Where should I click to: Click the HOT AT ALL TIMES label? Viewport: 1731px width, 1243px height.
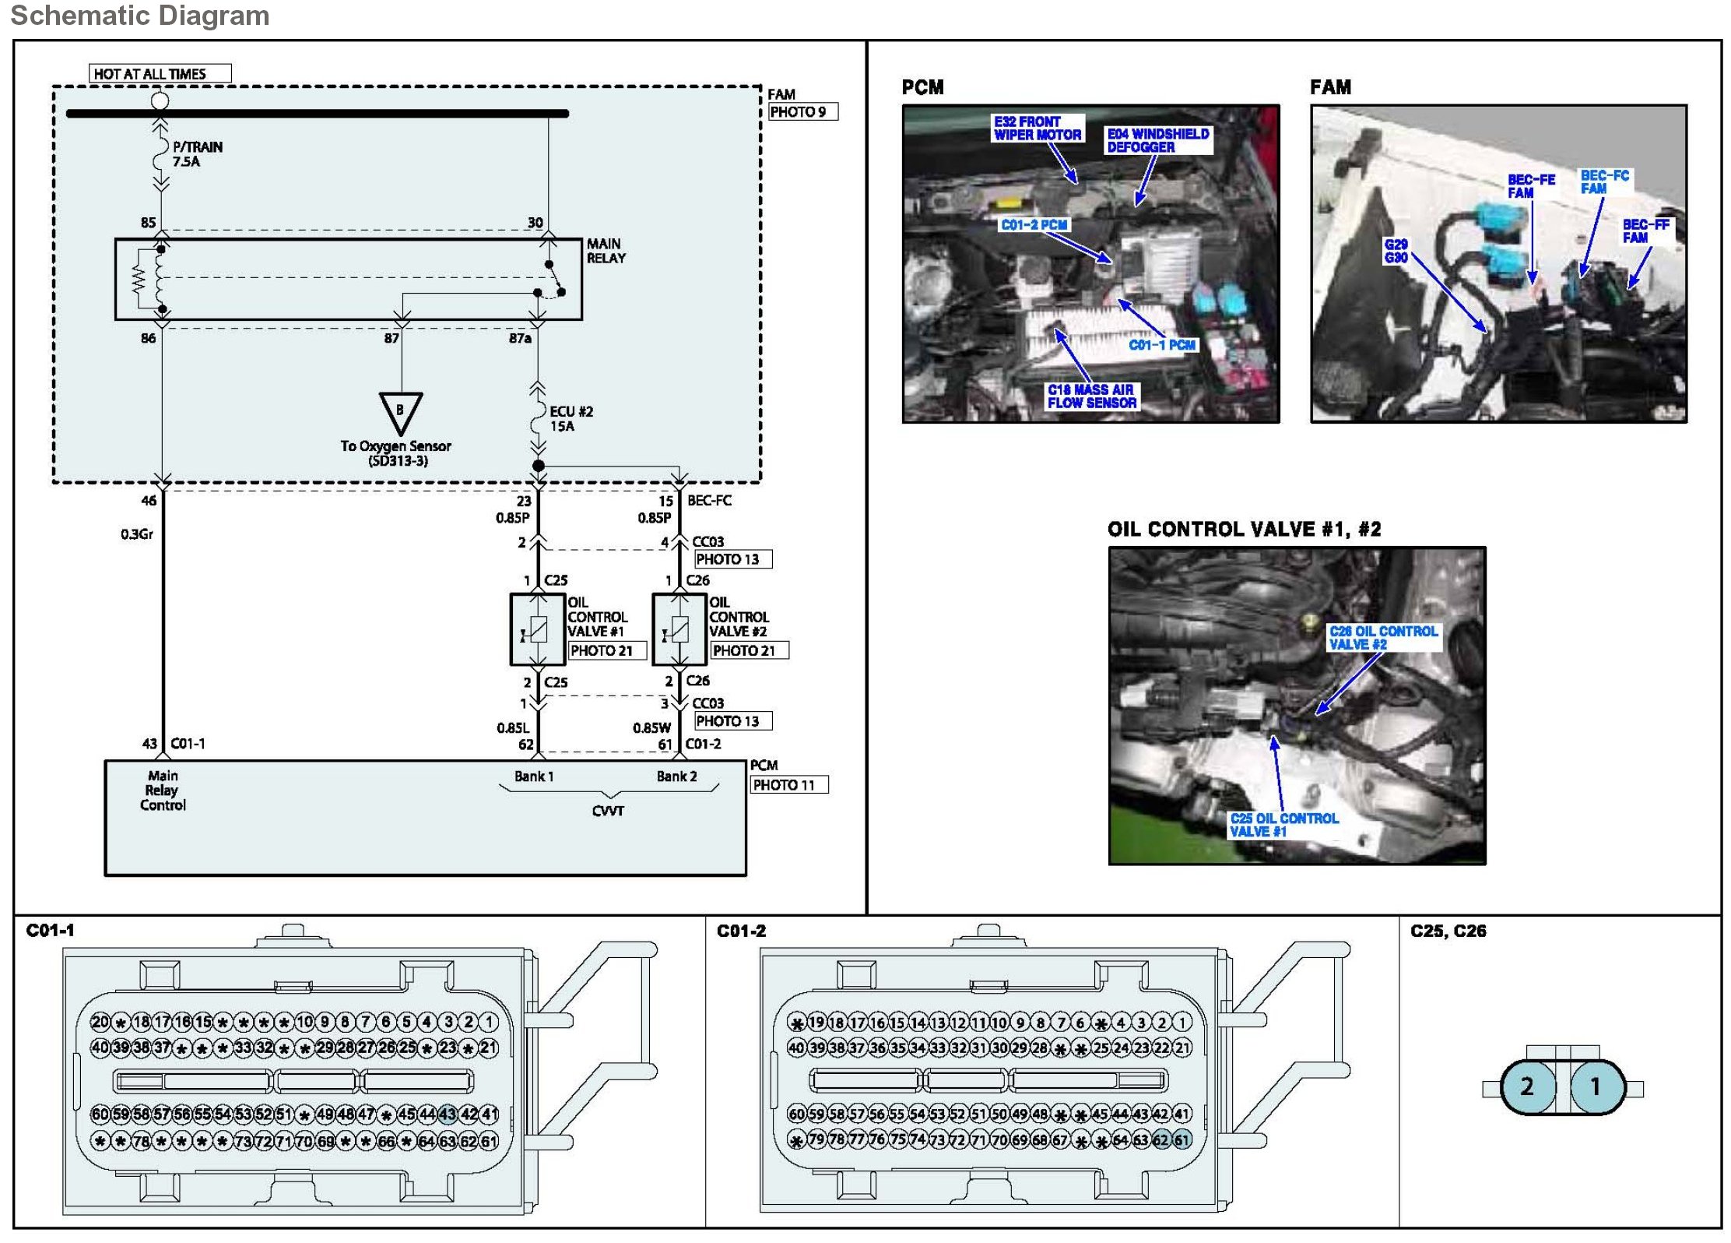[160, 74]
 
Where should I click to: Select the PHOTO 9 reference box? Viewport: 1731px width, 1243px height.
[802, 112]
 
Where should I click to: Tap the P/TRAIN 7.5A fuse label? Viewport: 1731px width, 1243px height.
[197, 154]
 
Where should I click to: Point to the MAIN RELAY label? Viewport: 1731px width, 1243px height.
[606, 251]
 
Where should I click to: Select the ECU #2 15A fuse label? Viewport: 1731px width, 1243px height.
[571, 419]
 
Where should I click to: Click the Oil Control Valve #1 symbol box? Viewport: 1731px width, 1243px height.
[537, 629]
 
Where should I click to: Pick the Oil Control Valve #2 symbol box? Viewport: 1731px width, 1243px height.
[679, 629]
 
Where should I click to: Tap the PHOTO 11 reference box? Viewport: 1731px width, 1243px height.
[788, 785]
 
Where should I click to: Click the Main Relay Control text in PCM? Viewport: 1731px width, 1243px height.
[163, 791]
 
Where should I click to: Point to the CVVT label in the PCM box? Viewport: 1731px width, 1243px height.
[608, 811]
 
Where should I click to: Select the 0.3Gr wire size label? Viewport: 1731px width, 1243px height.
[137, 534]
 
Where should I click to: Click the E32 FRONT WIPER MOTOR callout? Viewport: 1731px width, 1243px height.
[1037, 129]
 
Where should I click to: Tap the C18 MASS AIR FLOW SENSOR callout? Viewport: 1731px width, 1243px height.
[1091, 396]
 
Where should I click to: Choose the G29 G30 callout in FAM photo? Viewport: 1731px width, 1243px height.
[1396, 251]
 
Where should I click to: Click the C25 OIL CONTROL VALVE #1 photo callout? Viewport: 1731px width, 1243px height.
[1283, 825]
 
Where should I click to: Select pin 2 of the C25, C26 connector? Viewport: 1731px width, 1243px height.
[1527, 1086]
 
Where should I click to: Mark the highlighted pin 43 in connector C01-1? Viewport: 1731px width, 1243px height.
[448, 1114]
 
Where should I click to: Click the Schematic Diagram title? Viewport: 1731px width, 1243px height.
[140, 16]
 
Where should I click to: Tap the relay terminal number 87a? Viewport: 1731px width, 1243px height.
[520, 338]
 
